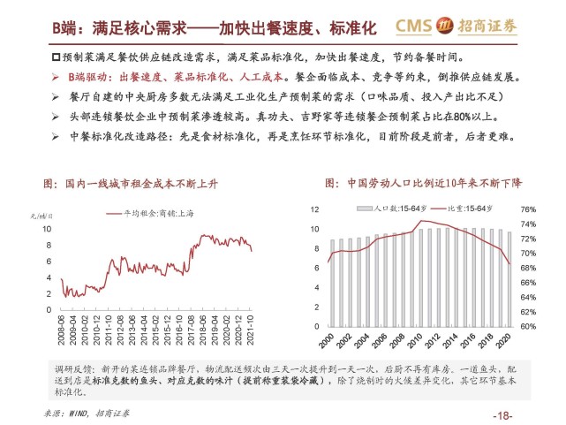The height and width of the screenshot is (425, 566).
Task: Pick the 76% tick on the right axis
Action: pyautogui.click(x=529, y=210)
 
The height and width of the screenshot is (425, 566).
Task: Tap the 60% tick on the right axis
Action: pyautogui.click(x=529, y=326)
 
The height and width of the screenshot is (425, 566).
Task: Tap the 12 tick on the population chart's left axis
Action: pyautogui.click(x=315, y=210)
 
